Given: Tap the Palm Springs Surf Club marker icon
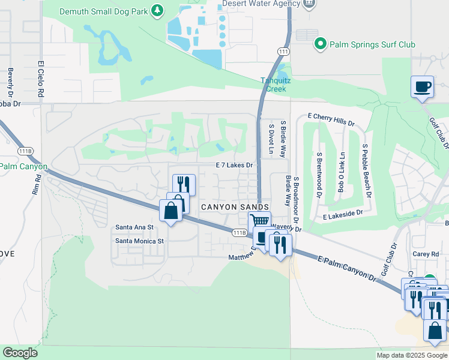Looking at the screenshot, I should [x=321, y=44].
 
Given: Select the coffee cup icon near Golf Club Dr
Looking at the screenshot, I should [x=423, y=86].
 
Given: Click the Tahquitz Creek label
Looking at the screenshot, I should [x=274, y=85].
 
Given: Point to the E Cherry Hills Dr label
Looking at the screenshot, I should [x=331, y=118].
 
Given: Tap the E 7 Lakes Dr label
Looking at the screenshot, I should [x=234, y=164].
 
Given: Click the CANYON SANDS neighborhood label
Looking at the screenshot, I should [x=230, y=206].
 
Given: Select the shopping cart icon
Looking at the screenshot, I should [x=259, y=221].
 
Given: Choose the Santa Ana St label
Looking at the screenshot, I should [x=134, y=227].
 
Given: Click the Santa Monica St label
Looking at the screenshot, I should [x=140, y=241].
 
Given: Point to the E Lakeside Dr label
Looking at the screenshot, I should [x=343, y=214].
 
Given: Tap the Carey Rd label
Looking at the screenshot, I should [x=426, y=254].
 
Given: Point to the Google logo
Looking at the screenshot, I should [x=20, y=353].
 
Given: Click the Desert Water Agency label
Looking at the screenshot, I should [x=261, y=4].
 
